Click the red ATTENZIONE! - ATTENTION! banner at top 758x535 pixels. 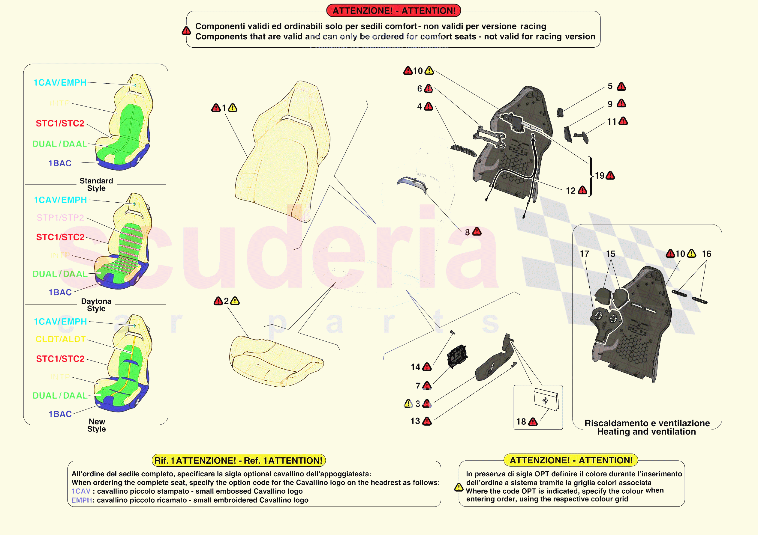pos(393,10)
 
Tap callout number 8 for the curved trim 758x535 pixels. pos(467,232)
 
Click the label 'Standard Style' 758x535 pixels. pos(96,184)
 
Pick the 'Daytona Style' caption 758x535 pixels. pos(96,305)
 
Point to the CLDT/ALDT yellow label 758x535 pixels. pos(60,339)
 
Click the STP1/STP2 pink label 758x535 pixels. pos(60,218)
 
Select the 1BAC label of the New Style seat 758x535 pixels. pos(60,414)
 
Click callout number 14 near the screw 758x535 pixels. pos(415,367)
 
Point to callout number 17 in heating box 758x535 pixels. pos(584,254)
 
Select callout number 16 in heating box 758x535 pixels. pos(706,254)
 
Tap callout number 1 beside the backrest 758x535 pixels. pos(224,108)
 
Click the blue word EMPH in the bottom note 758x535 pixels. pos(81,500)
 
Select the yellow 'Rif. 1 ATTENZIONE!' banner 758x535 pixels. pos(238,460)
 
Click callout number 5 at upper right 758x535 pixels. pos(610,86)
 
